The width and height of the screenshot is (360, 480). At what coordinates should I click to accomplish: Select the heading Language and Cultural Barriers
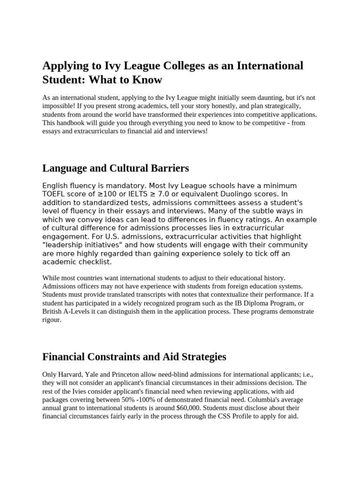[x=115, y=168]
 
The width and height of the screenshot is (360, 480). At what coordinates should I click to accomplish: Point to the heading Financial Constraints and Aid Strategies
[x=134, y=357]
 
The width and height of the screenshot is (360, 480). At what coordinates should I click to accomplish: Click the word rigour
[x=52, y=320]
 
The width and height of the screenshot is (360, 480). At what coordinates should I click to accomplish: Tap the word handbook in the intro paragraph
[x=72, y=123]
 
